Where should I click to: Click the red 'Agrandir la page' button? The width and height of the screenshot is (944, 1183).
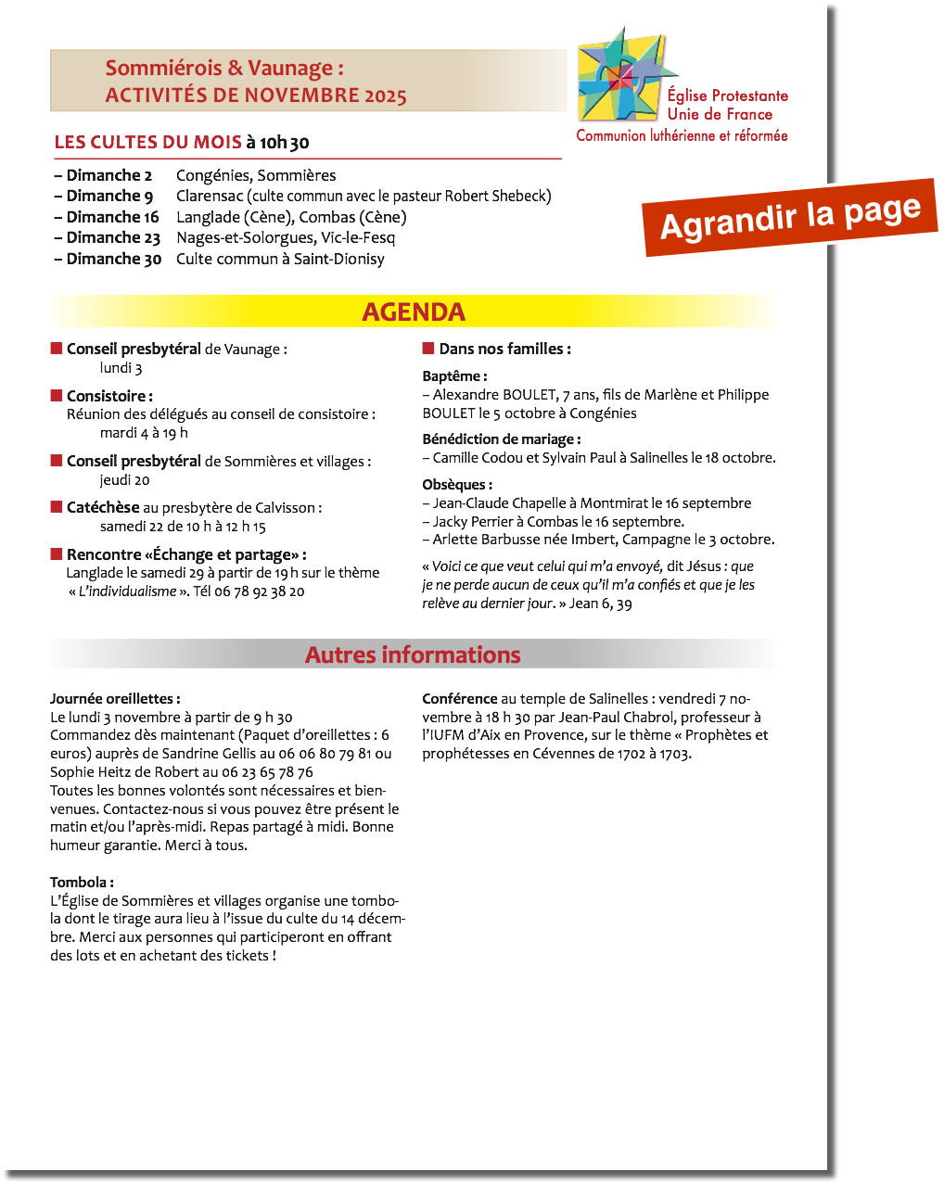click(x=790, y=217)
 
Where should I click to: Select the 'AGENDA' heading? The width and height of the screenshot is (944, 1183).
click(x=414, y=312)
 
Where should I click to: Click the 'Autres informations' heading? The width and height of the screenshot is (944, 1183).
click(x=413, y=655)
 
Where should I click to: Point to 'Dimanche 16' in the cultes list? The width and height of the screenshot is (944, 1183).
click(x=112, y=217)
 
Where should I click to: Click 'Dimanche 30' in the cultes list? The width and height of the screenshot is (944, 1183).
click(x=113, y=259)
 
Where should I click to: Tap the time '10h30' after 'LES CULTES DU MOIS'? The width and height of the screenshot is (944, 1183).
click(x=284, y=142)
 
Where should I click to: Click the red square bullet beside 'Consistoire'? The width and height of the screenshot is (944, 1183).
click(x=57, y=396)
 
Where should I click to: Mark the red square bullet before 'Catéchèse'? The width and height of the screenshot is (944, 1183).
click(x=57, y=507)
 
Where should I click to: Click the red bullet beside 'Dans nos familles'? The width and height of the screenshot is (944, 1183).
click(x=428, y=349)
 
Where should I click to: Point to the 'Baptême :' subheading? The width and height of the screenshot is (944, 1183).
click(x=454, y=376)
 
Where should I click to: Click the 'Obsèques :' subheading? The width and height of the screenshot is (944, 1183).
click(x=457, y=485)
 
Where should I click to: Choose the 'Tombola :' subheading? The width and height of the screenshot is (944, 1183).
click(x=82, y=882)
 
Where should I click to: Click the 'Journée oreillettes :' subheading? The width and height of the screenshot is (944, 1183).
click(x=115, y=699)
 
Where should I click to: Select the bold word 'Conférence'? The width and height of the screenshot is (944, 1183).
click(x=459, y=699)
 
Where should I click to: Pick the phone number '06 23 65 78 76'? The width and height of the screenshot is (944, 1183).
click(x=267, y=772)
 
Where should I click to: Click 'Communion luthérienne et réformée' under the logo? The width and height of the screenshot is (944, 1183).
click(x=682, y=135)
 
